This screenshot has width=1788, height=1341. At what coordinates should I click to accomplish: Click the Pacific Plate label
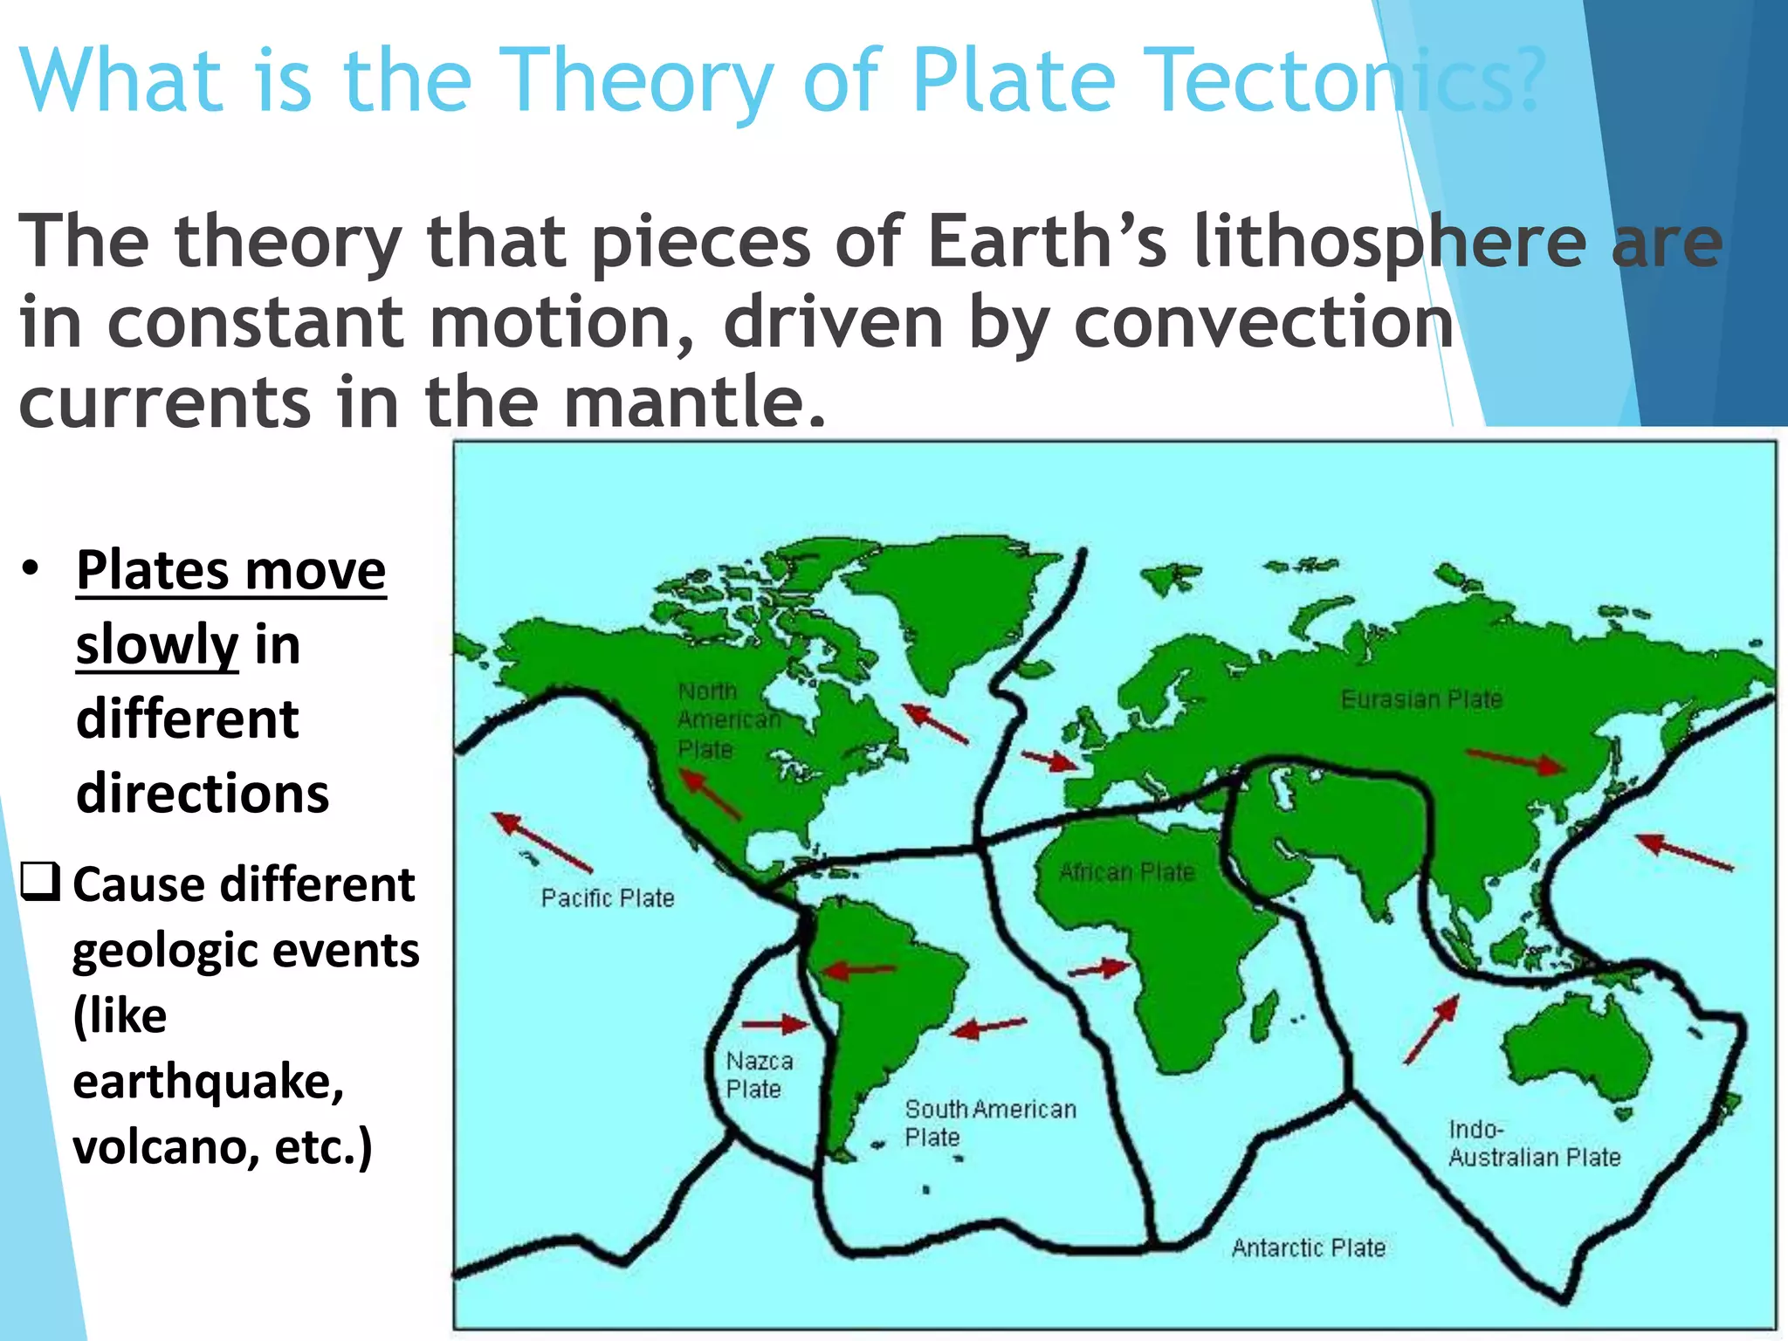point(608,898)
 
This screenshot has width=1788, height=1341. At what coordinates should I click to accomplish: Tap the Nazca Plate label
point(759,1075)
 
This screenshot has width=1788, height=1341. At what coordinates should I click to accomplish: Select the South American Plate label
point(989,1123)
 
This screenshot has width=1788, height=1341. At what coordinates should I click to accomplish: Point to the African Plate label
point(1126,872)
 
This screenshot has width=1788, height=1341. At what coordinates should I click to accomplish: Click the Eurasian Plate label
point(1421,699)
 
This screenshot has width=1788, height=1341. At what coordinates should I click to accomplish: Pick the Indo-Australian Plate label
point(1534,1144)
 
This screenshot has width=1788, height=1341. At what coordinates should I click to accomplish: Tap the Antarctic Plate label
point(1308,1248)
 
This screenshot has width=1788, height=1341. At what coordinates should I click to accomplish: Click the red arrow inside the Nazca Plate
point(775,1024)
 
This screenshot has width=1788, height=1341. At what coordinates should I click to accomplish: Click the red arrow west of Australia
point(1432,1029)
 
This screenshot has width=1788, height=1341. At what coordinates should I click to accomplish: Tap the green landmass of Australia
point(1576,1052)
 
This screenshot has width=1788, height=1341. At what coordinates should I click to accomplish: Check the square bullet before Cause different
point(40,882)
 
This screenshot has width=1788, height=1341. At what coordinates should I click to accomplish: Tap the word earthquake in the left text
point(208,1081)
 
